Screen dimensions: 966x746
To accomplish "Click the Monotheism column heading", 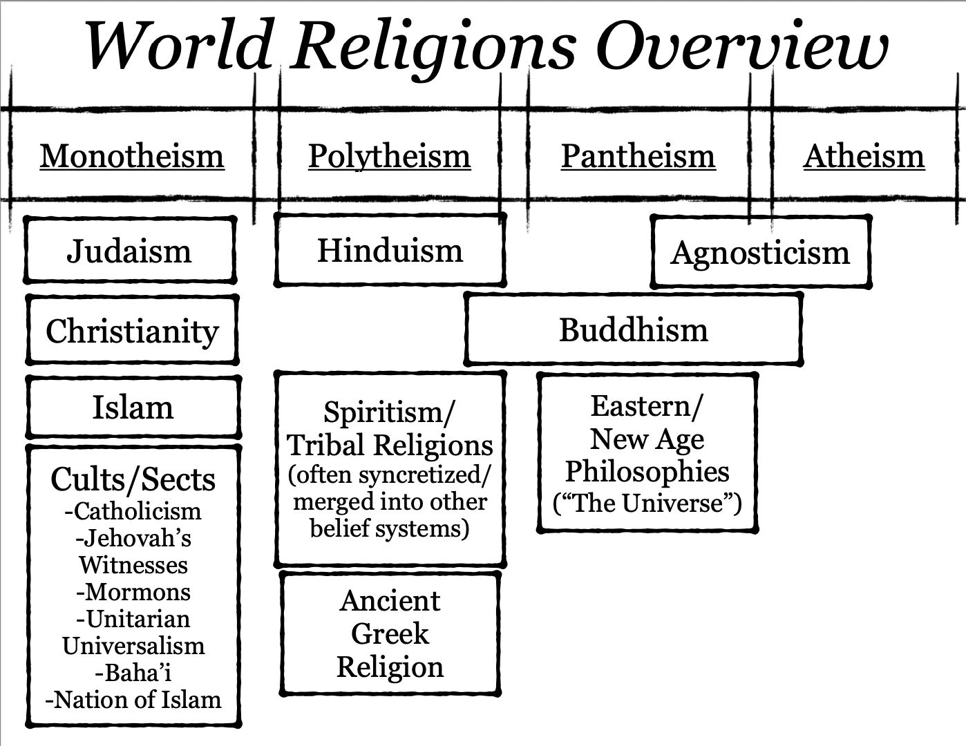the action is coord(132,156).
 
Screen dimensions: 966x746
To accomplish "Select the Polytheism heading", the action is coord(389,156).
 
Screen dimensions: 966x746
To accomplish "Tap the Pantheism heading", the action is coord(638,156).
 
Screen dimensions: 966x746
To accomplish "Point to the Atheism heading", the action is coord(863,156).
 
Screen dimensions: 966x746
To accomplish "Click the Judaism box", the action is coord(129,251).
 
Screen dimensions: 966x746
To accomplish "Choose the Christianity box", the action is coord(132,331).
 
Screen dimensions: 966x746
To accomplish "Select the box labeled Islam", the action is coord(133,408).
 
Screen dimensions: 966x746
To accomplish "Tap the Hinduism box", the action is coord(390,250).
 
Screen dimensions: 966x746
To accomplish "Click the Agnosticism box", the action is coord(760,253).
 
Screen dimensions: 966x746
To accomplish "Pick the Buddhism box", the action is coord(633,329).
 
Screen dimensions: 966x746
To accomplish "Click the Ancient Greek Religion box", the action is coord(390,633).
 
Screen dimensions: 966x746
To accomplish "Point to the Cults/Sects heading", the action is coord(133,479).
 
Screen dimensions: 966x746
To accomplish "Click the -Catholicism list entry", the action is coord(133,511).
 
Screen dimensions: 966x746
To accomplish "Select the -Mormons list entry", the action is coord(133,592).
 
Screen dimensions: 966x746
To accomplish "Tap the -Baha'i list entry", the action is coord(133,672).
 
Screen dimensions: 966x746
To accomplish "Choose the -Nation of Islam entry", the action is coord(133,700).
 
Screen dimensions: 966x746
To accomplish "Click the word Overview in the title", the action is coord(741,46).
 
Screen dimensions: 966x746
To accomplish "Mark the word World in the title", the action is coord(178,46).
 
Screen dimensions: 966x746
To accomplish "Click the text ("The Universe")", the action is coord(647,503).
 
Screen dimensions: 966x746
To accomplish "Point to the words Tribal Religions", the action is coord(390,446).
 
